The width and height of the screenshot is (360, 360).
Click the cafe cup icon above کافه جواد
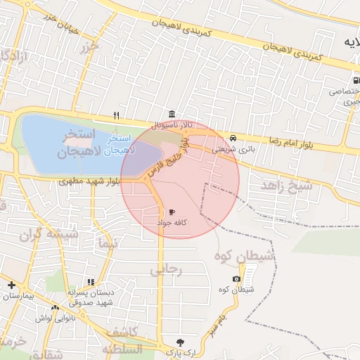[172, 212]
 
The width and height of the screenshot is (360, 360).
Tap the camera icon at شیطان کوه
[236, 279]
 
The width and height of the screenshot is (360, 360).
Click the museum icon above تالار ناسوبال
[172, 115]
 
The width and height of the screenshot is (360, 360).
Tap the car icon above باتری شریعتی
[233, 138]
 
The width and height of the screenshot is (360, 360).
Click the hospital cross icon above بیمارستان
[11, 285]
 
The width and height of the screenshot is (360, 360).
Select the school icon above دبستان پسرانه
[90, 282]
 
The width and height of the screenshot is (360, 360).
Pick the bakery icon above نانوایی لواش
[55, 307]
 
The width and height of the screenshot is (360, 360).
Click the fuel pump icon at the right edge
[354, 79]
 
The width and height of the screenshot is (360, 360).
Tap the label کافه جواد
[172, 222]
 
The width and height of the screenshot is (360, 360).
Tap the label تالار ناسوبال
[170, 125]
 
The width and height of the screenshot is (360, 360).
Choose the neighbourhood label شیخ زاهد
[286, 186]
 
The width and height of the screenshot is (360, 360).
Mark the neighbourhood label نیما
[106, 243]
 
